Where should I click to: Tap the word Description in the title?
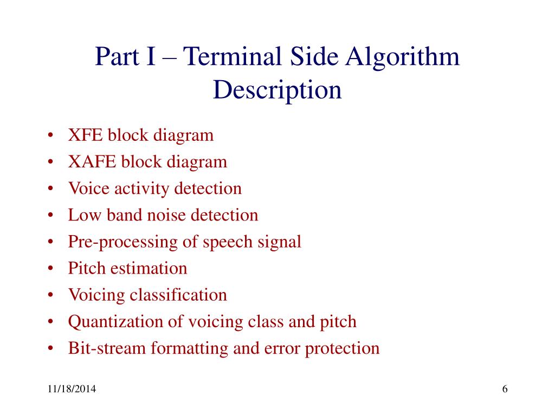(277, 89)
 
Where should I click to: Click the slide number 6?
(505, 390)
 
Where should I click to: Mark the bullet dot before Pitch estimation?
(50, 269)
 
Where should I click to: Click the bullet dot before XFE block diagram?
(50, 135)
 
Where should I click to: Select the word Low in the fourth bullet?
(80, 215)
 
